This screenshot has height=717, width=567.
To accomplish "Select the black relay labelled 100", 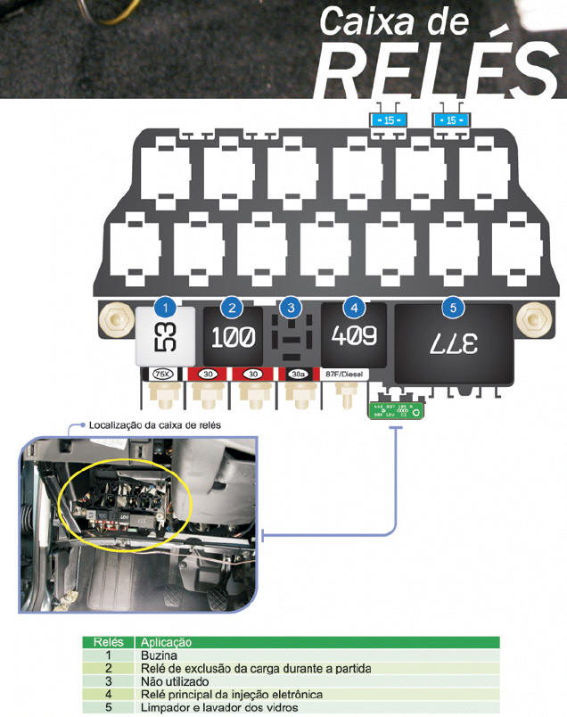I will pos(232,338).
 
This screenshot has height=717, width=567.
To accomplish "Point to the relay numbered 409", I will pos(354,336).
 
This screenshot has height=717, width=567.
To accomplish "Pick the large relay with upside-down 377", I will pos(453,342).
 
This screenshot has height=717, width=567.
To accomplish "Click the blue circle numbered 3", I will pos(290,308).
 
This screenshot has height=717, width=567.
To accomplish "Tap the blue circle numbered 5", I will pos(453,308).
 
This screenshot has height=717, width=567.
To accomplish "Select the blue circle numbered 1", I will pos(164,308).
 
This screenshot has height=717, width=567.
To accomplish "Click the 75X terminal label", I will pos(163,374).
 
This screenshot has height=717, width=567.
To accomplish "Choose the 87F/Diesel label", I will pos(354,374).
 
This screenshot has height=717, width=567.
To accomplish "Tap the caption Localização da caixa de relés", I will pos(156,424).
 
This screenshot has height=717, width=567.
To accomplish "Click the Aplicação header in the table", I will pos(165,642).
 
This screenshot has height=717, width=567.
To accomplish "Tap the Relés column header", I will pos(108,642).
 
